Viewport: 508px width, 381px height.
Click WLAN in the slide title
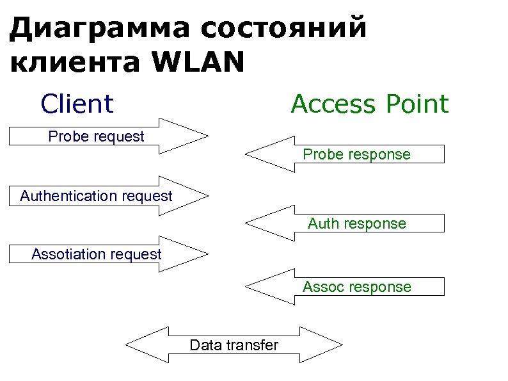198,63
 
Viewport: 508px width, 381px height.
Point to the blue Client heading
77,103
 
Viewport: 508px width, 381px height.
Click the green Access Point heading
370,103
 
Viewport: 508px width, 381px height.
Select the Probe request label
97,136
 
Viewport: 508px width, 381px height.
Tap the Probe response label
356,154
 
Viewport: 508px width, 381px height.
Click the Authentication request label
96,196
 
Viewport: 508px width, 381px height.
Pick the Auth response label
356,223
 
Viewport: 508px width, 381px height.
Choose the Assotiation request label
97,254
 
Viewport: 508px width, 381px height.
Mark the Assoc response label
356,287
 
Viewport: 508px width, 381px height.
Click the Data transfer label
234,346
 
